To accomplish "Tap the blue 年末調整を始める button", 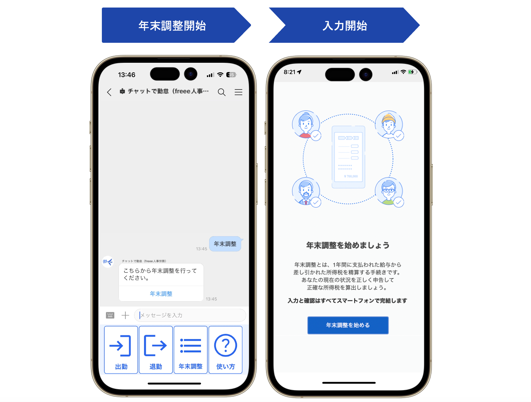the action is [348, 325].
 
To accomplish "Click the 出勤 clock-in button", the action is [121, 350].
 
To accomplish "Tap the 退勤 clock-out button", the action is [156, 350].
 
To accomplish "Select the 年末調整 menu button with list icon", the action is [190, 350].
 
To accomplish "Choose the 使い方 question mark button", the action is [225, 350].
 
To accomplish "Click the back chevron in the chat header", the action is [109, 92].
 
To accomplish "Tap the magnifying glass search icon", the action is [222, 92].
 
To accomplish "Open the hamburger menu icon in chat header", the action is [238, 92].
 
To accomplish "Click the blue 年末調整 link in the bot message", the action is [161, 294].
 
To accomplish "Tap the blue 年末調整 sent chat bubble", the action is [225, 244].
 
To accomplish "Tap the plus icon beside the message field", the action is [125, 315].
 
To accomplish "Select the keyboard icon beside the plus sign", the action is [110, 315].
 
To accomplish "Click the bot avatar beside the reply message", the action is [108, 262].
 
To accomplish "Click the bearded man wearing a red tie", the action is [306, 191].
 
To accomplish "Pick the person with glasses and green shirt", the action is [388, 191].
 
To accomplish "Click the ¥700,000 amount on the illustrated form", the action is [351, 176].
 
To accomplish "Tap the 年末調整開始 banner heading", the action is [172, 26].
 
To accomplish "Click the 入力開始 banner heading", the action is [345, 26].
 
